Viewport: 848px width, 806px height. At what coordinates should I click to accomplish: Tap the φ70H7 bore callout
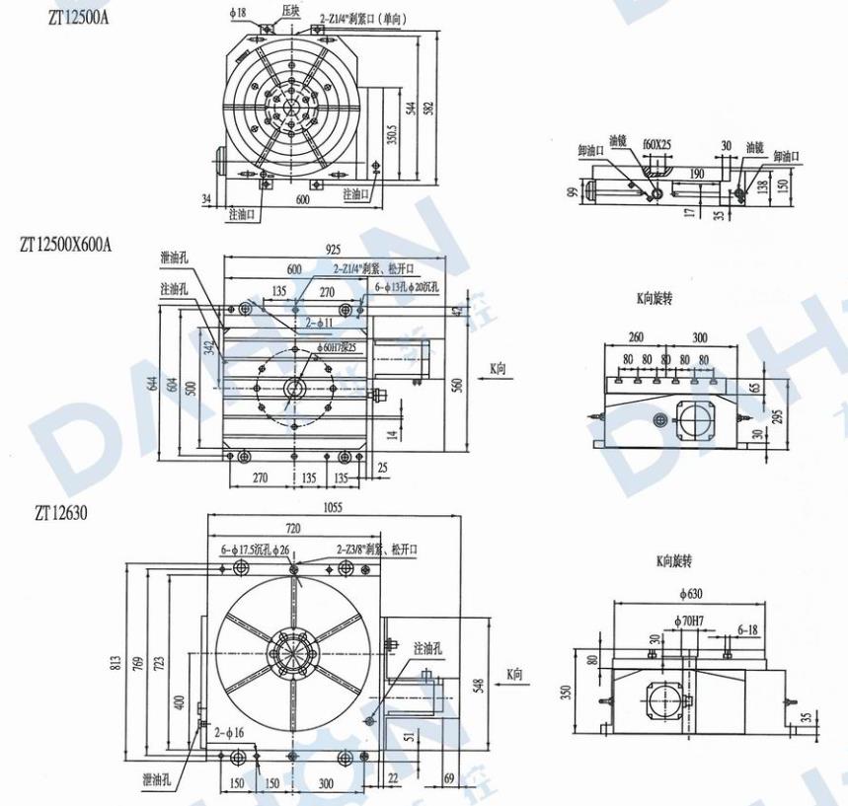[689, 621]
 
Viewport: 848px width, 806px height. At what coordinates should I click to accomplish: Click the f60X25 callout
[656, 144]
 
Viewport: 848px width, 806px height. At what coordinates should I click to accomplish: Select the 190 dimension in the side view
[697, 174]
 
